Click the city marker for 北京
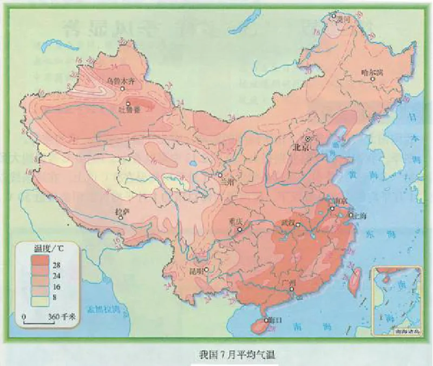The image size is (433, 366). click(x=309, y=139)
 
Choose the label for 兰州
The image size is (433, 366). click(x=229, y=182)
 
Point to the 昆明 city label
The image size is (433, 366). click(x=196, y=270)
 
